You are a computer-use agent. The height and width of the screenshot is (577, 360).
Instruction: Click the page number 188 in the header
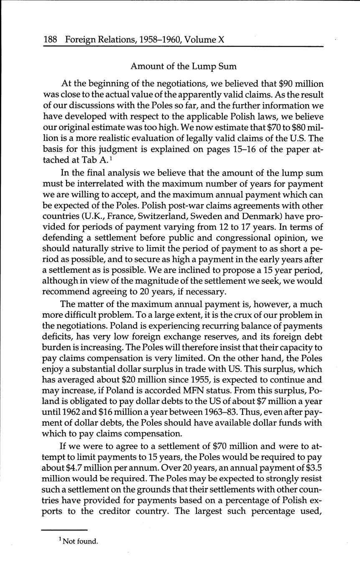pyautogui.click(x=50, y=40)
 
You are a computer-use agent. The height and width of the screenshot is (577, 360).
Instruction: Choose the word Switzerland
pyautogui.click(x=155, y=217)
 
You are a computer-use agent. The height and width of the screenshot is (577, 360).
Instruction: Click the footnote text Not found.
pyautogui.click(x=80, y=541)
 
